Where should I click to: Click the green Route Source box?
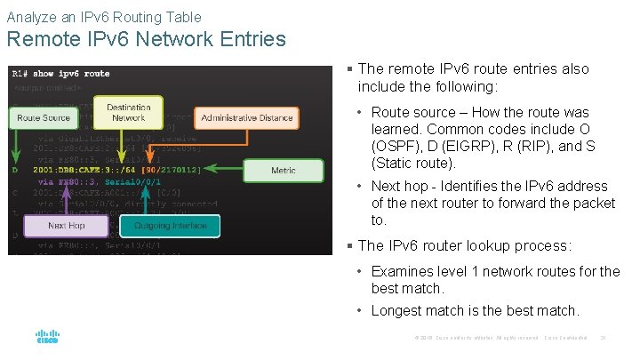click(44, 118)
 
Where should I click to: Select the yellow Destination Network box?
click(128, 113)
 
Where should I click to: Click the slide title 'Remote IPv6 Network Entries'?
click(146, 40)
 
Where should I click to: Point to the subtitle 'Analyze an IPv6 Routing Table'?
click(104, 16)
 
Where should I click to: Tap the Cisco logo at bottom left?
click(47, 338)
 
